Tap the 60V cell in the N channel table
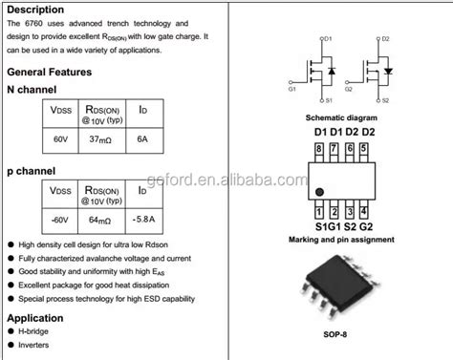60,140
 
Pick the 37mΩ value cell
100,140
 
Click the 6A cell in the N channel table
142,140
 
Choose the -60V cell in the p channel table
60,222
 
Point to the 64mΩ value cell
100,222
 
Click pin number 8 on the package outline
318,149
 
